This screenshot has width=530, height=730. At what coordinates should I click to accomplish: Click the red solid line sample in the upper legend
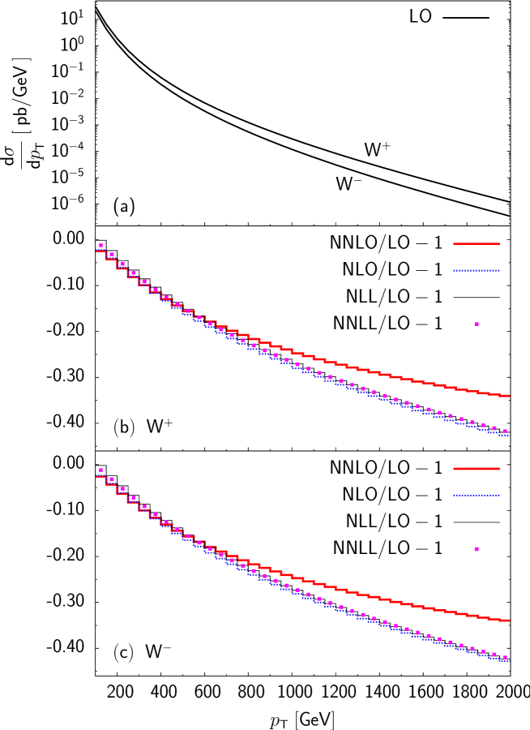point(477,243)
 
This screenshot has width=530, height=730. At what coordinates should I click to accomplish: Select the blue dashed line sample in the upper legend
point(477,270)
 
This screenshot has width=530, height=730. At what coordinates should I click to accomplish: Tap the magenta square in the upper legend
point(477,324)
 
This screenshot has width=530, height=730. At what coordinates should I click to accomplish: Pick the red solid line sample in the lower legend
point(477,469)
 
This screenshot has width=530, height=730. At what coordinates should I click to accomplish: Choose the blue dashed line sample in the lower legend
point(477,495)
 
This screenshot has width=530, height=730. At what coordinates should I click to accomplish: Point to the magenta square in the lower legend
point(477,549)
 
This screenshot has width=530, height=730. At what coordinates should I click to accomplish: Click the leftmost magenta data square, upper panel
point(101,245)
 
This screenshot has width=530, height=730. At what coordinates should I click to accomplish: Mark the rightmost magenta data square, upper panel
point(505,432)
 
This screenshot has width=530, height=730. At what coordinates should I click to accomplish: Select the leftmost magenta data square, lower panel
point(101,470)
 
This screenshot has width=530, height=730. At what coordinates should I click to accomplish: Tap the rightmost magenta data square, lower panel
point(505,657)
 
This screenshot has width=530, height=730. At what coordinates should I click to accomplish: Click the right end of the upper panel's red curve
point(509,396)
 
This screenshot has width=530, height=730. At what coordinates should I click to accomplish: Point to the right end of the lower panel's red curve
point(509,620)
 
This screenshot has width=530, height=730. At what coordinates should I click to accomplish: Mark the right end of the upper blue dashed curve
point(509,435)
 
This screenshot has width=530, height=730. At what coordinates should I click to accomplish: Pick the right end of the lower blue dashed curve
point(509,660)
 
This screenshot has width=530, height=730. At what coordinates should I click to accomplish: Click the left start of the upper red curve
point(97,251)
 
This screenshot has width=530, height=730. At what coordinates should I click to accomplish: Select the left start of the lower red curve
point(97,476)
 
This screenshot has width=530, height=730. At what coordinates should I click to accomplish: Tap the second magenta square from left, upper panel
point(112,255)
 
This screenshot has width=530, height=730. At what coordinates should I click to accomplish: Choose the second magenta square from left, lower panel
point(112,479)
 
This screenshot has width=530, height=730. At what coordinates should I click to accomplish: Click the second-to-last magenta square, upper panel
point(494,428)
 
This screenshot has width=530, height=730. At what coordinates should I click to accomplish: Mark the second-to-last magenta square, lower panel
point(494,654)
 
